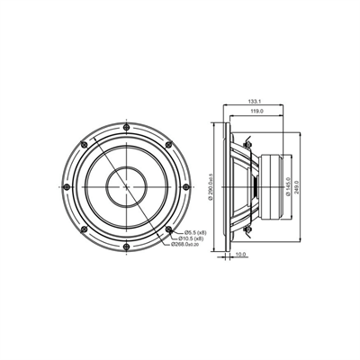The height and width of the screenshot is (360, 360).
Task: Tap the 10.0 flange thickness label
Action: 240,254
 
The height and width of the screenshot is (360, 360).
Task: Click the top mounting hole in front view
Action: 126,127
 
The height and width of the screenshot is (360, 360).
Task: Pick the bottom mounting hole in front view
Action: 126,247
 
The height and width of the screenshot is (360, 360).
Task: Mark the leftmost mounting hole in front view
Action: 66,187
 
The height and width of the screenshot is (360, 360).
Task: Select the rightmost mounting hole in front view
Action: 186,187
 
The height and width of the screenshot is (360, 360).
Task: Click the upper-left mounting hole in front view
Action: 84,145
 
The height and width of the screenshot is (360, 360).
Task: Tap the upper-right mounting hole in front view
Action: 168,145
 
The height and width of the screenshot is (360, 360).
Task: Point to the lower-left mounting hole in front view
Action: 84,229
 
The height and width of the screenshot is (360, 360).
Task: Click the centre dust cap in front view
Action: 126,187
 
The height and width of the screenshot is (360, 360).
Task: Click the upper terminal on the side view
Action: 244,141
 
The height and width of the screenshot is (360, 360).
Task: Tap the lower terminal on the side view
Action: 244,232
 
